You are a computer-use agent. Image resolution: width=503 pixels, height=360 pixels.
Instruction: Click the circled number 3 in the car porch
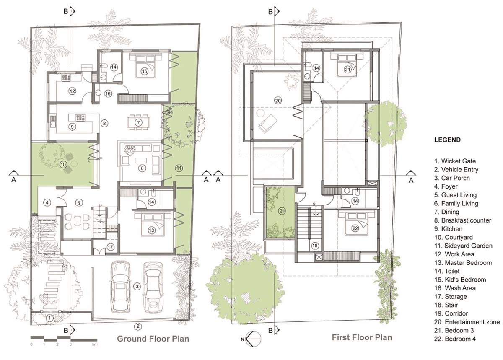137,287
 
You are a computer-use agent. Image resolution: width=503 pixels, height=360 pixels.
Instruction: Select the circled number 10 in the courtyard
63,165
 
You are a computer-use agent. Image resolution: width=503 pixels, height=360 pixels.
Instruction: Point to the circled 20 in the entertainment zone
277,100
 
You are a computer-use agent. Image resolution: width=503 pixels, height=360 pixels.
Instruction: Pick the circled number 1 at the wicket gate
49,318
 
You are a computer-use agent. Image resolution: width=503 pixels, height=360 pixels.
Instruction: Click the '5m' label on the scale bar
95,344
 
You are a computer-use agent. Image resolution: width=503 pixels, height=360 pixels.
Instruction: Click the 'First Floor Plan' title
362,337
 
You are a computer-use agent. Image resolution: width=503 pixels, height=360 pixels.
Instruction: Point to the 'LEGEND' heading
447,140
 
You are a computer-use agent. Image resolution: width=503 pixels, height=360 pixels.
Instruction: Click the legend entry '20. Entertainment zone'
467,322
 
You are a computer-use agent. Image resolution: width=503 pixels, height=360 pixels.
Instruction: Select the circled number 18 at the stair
315,246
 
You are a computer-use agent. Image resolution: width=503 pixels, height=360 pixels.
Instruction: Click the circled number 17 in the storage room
111,247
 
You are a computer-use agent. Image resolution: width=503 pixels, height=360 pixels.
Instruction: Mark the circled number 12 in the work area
72,91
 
